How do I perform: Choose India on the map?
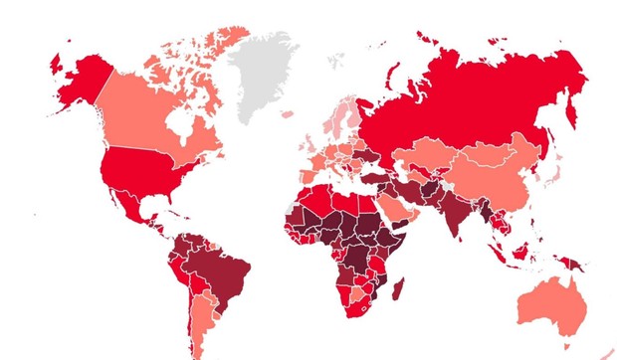coord(454,215)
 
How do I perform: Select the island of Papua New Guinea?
coord(572,263)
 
